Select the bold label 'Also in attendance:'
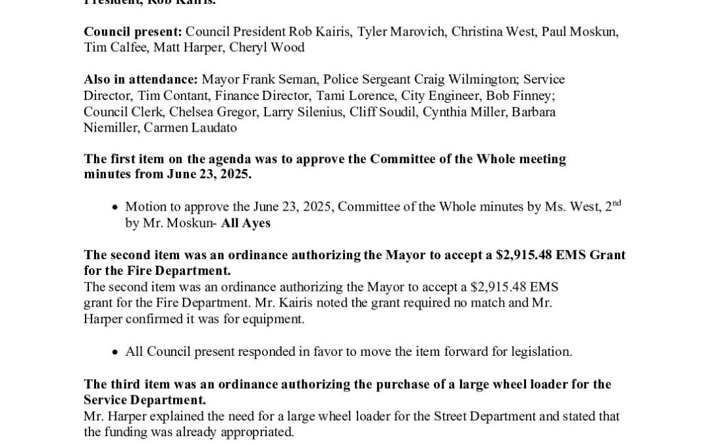(141, 80)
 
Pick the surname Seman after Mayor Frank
(295, 80)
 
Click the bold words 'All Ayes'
(246, 223)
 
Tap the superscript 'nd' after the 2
(614, 203)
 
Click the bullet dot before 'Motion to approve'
(115, 208)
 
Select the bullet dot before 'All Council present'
(115, 353)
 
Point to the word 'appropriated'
(257, 432)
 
